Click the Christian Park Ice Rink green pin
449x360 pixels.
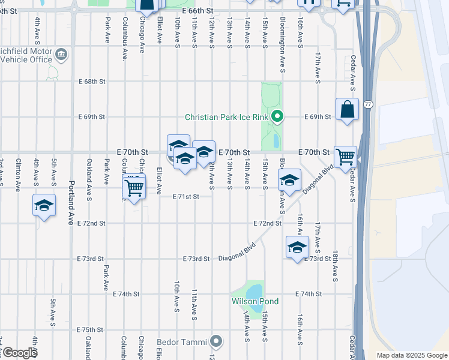[x=277, y=117]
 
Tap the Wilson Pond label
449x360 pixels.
[x=255, y=301]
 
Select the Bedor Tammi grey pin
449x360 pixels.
[x=217, y=342]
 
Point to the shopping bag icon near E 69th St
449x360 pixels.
[x=347, y=110]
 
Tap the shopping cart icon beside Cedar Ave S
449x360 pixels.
[x=345, y=157]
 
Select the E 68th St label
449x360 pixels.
[x=92, y=81]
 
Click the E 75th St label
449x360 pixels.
[x=91, y=330]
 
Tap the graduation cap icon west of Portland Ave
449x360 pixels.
[x=44, y=205]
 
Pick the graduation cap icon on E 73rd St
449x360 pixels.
[x=297, y=247]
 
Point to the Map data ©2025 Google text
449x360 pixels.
[x=411, y=355]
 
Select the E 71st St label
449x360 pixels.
[x=185, y=196]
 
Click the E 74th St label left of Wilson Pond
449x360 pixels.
[x=126, y=294]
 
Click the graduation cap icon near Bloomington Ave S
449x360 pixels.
[x=289, y=181]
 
